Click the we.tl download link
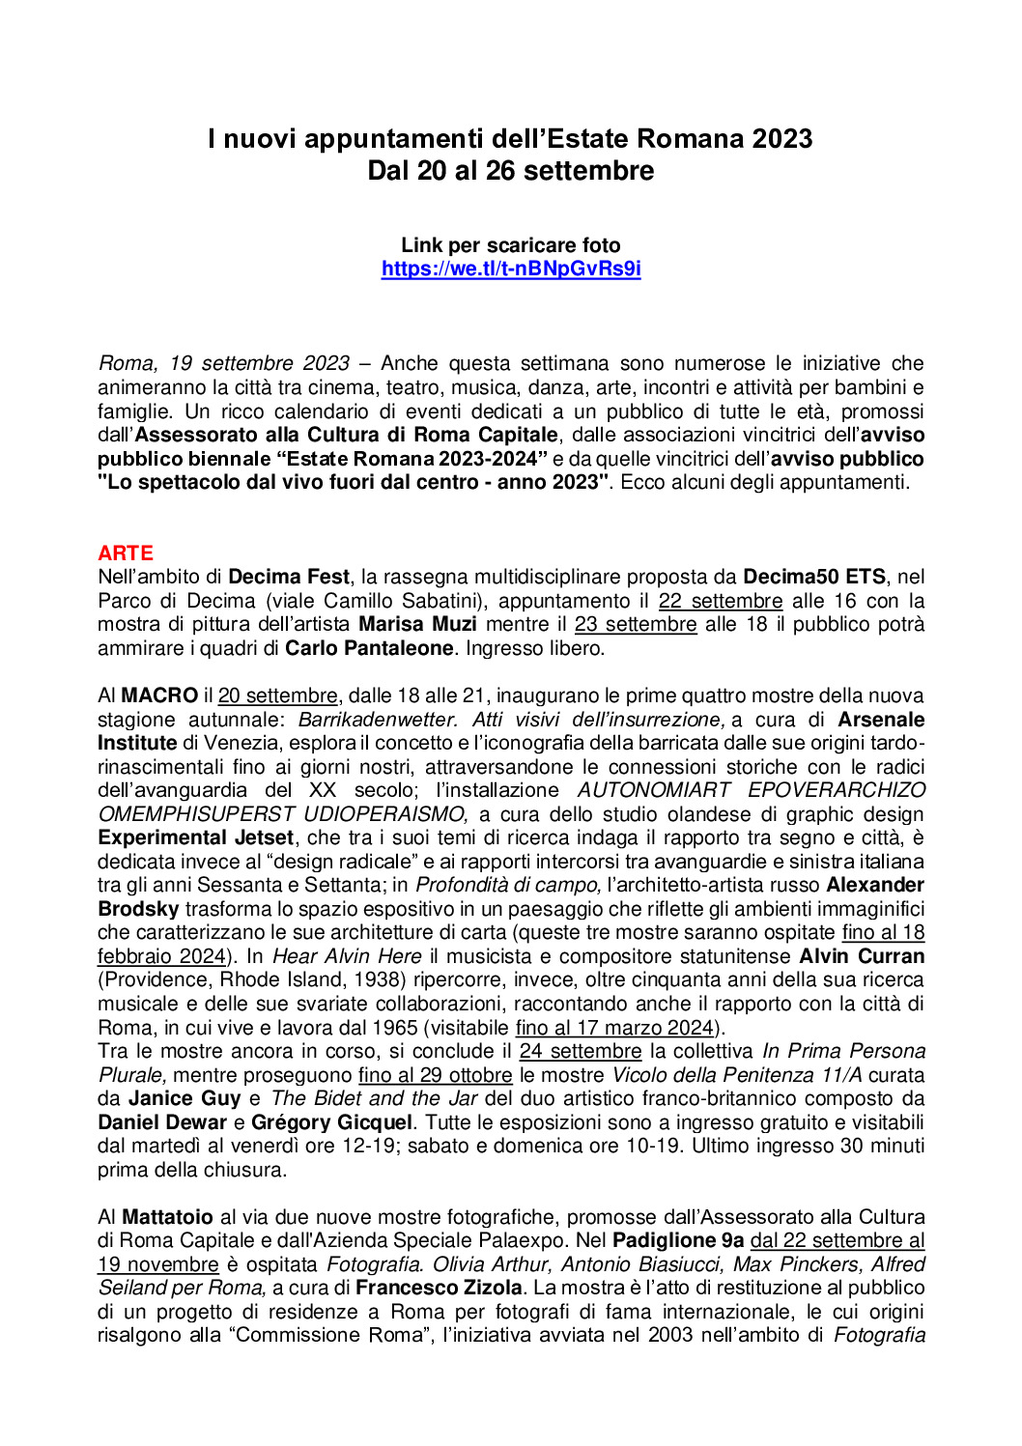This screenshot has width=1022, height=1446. pos(511,269)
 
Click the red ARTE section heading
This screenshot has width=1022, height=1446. pos(126,553)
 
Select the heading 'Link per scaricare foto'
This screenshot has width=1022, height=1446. pos(511,245)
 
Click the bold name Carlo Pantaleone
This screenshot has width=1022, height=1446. pos(368,648)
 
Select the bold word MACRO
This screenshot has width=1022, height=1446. pos(159,695)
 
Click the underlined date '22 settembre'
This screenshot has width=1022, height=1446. pos(721,601)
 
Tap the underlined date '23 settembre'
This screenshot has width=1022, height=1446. pos(635,624)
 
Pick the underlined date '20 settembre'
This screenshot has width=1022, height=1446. pos(278,695)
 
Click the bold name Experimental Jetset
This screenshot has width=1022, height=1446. pos(195,837)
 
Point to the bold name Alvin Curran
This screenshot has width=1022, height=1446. pos(862,956)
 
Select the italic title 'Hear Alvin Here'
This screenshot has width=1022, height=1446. pos(347,956)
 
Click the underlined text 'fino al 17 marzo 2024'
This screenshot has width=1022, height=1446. pos(614,1028)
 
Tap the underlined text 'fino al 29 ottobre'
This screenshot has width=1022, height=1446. pos(435,1075)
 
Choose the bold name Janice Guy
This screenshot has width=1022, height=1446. pos(185,1098)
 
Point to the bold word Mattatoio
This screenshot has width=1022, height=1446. pos(167,1217)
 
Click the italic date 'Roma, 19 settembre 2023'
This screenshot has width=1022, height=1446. pos(223,363)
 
